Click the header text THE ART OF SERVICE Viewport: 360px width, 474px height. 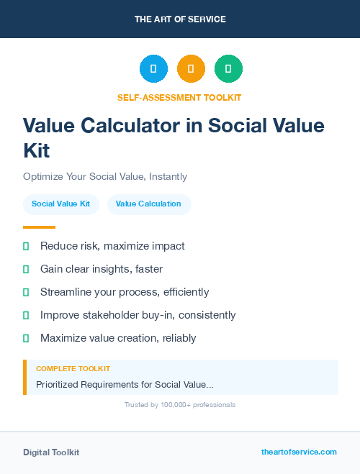pos(180,19)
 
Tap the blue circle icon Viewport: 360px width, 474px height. pos(153,69)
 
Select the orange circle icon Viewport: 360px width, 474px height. pos(191,69)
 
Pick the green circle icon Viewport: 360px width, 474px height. pos(228,69)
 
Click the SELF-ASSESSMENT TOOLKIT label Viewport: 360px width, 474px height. pos(180,97)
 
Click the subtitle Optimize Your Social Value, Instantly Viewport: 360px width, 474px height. pos(105,176)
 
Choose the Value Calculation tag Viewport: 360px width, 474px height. pos(148,204)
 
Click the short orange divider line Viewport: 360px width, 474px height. pos(39,227)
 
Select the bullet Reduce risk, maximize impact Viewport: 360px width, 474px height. pos(112,246)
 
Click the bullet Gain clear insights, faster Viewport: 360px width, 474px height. pos(102,269)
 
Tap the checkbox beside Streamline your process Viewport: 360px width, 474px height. pos(26,292)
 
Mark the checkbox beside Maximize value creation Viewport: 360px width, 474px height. pos(26,338)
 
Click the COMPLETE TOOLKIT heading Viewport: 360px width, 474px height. pos(73,368)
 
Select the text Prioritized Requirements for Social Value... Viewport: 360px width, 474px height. pos(125,385)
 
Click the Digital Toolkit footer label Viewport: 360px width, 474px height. pos(51,452)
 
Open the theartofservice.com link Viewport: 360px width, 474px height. pos(299,452)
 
